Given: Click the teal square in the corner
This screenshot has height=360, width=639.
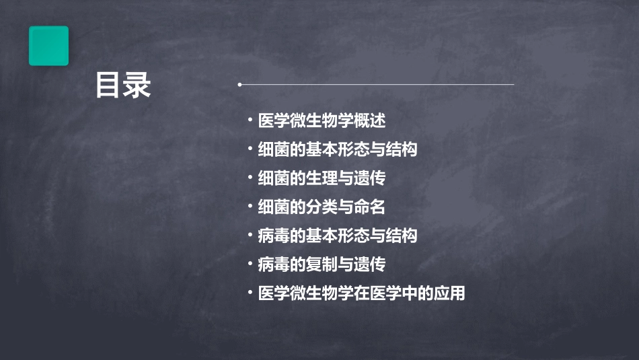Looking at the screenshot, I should (x=48, y=46).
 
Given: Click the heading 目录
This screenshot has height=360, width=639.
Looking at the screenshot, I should (x=123, y=85).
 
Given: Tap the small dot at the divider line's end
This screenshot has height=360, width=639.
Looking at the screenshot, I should (x=239, y=85).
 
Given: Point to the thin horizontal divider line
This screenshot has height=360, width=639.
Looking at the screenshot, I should (x=377, y=85).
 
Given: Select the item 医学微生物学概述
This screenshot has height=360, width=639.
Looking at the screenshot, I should (x=322, y=121).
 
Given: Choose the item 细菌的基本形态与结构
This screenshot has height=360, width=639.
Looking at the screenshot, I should (x=338, y=149).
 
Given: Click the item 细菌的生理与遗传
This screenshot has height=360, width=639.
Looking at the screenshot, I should (x=322, y=178).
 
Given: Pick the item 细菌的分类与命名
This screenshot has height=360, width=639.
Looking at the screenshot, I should (x=322, y=207).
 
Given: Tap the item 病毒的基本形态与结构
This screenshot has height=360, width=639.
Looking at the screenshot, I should (x=338, y=236).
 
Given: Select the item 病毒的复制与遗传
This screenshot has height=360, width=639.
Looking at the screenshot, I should (x=322, y=264).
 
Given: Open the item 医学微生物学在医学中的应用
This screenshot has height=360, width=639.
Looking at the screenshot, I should (x=361, y=293).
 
